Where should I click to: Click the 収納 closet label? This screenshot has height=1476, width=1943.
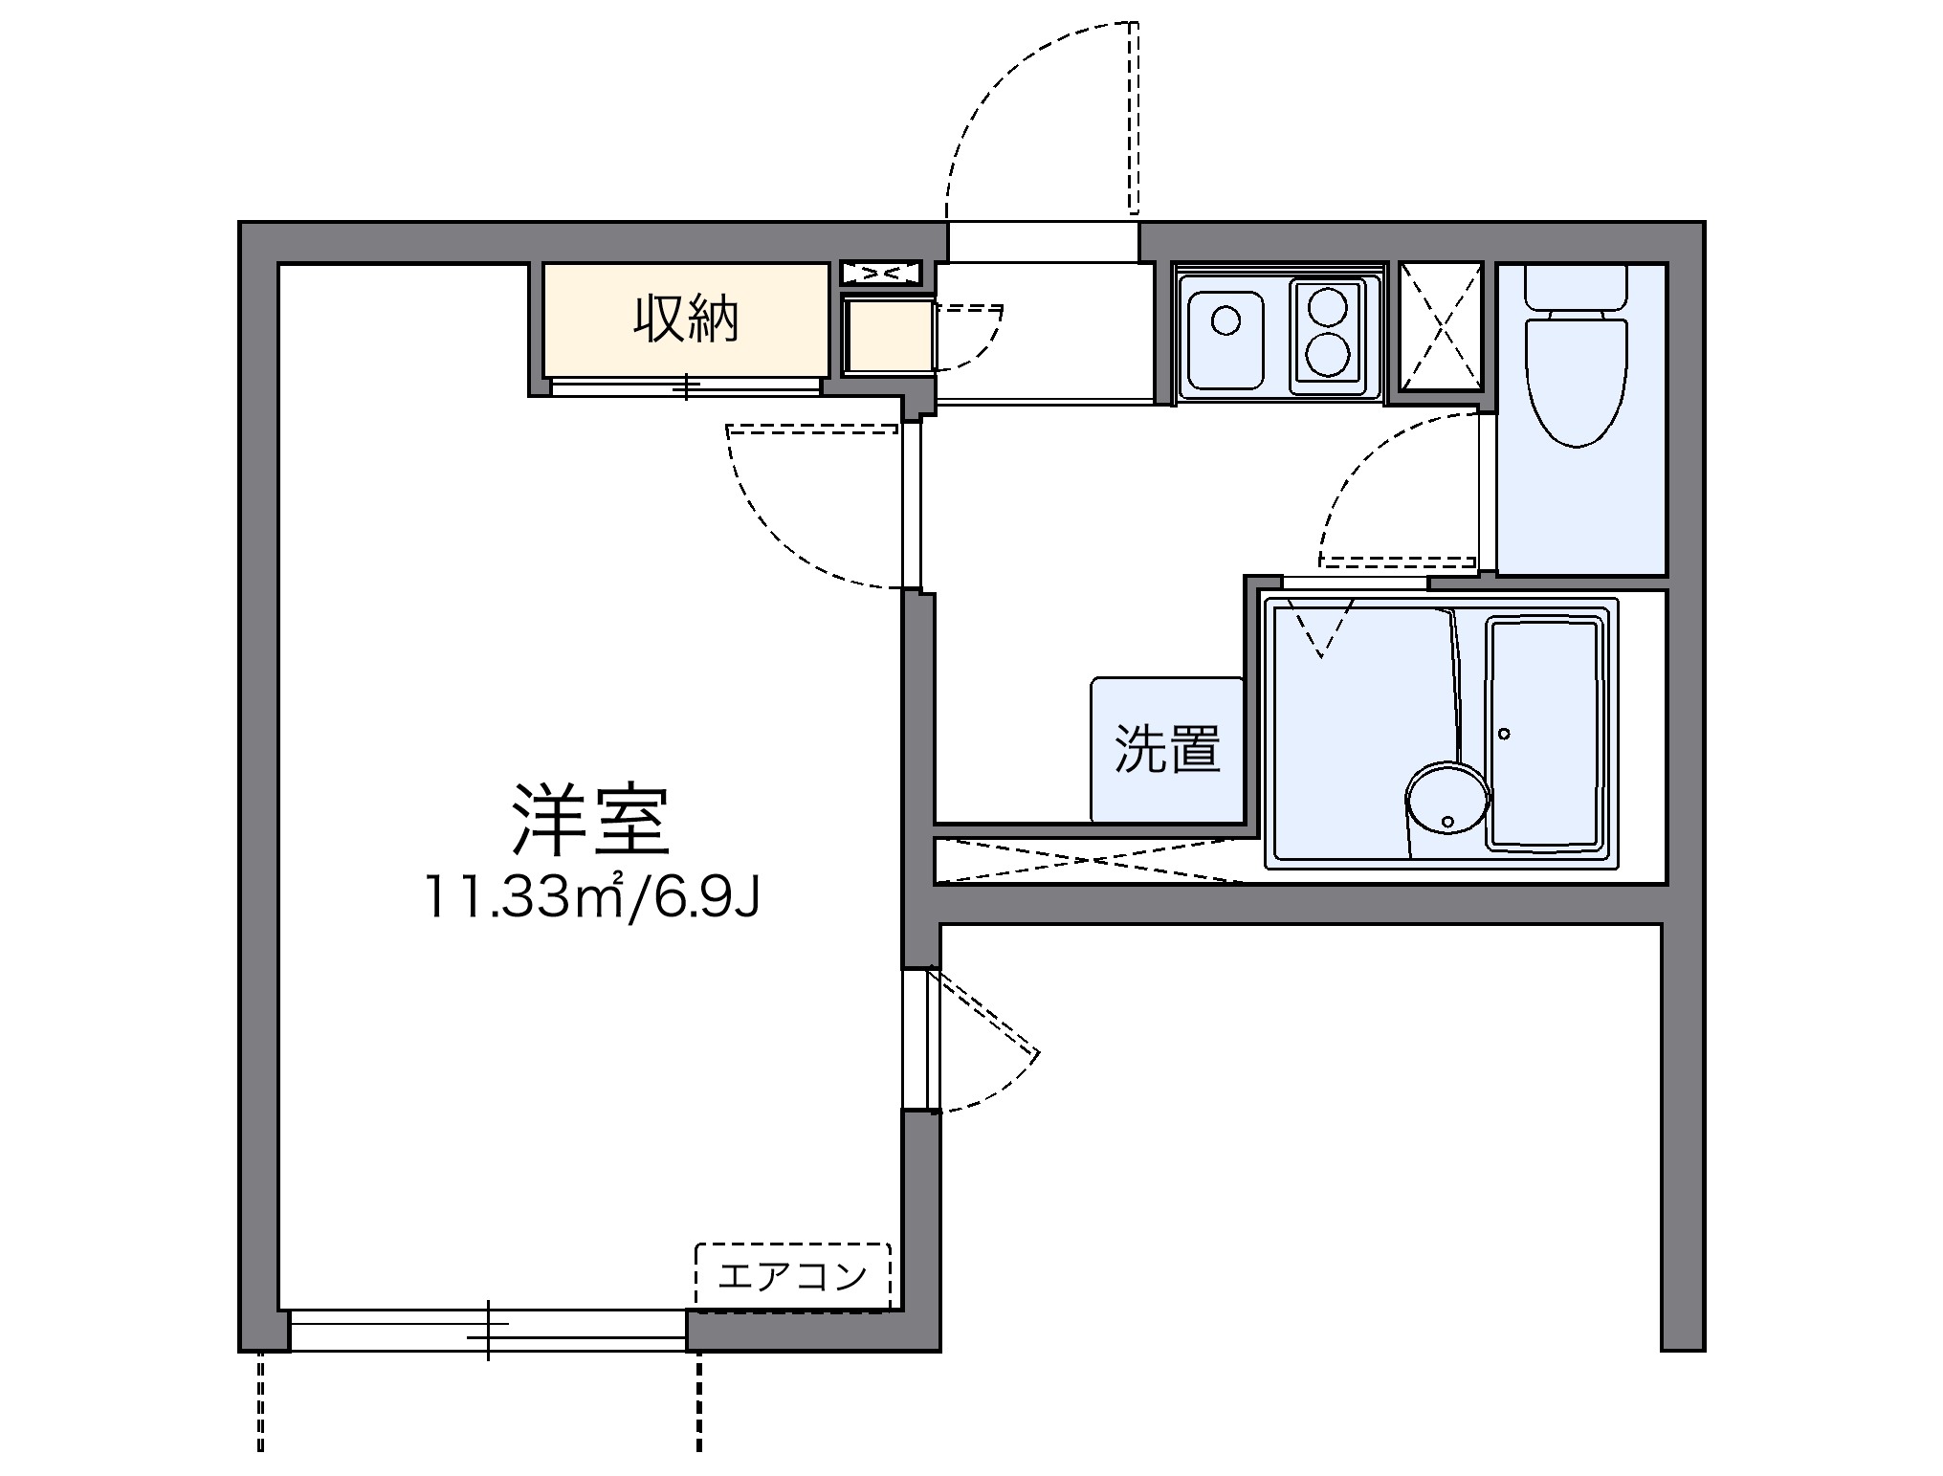(x=685, y=320)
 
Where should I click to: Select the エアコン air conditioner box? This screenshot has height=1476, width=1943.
(x=792, y=1275)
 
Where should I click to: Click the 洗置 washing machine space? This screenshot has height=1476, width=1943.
(x=1167, y=749)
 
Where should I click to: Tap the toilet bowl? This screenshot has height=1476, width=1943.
(x=1576, y=383)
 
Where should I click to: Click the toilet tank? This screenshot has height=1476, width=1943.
(x=1576, y=286)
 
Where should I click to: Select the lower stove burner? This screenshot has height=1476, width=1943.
(x=1328, y=356)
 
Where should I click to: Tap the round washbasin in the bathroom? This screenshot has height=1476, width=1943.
(x=1446, y=798)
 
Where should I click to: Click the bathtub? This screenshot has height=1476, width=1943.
(x=1544, y=734)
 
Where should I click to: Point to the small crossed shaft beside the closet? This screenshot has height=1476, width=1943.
(x=881, y=274)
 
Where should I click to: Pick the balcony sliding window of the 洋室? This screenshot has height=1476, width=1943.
(x=488, y=1330)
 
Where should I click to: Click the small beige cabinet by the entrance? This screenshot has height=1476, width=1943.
(x=889, y=335)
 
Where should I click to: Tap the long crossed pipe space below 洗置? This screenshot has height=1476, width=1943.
(x=1091, y=860)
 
